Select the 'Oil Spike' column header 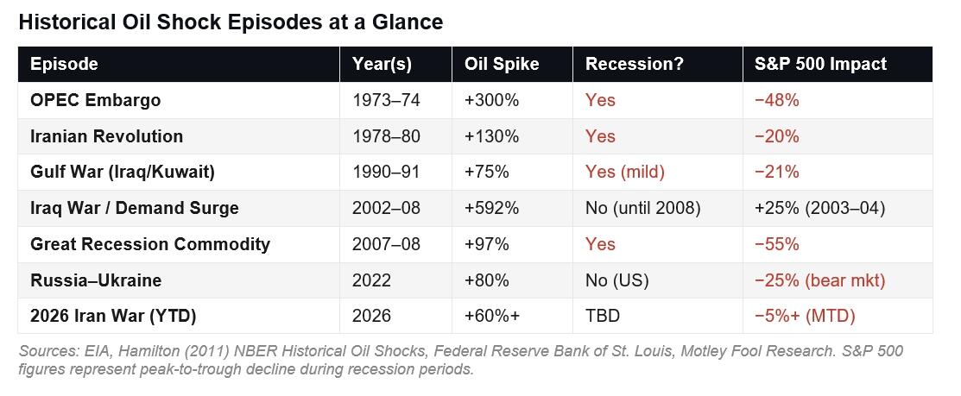click(x=502, y=64)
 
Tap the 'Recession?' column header click(x=635, y=64)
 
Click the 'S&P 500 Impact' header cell click(x=820, y=64)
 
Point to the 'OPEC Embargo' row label click(x=95, y=100)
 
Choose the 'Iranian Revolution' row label click(x=106, y=136)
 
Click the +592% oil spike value click(x=491, y=208)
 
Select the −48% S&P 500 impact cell click(x=776, y=100)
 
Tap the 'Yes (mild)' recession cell click(x=625, y=172)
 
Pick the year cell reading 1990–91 click(x=386, y=172)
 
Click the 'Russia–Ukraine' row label click(x=96, y=280)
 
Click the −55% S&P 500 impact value click(x=776, y=244)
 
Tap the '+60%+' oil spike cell click(x=492, y=316)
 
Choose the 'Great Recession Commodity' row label click(x=149, y=244)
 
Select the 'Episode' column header click(x=64, y=64)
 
